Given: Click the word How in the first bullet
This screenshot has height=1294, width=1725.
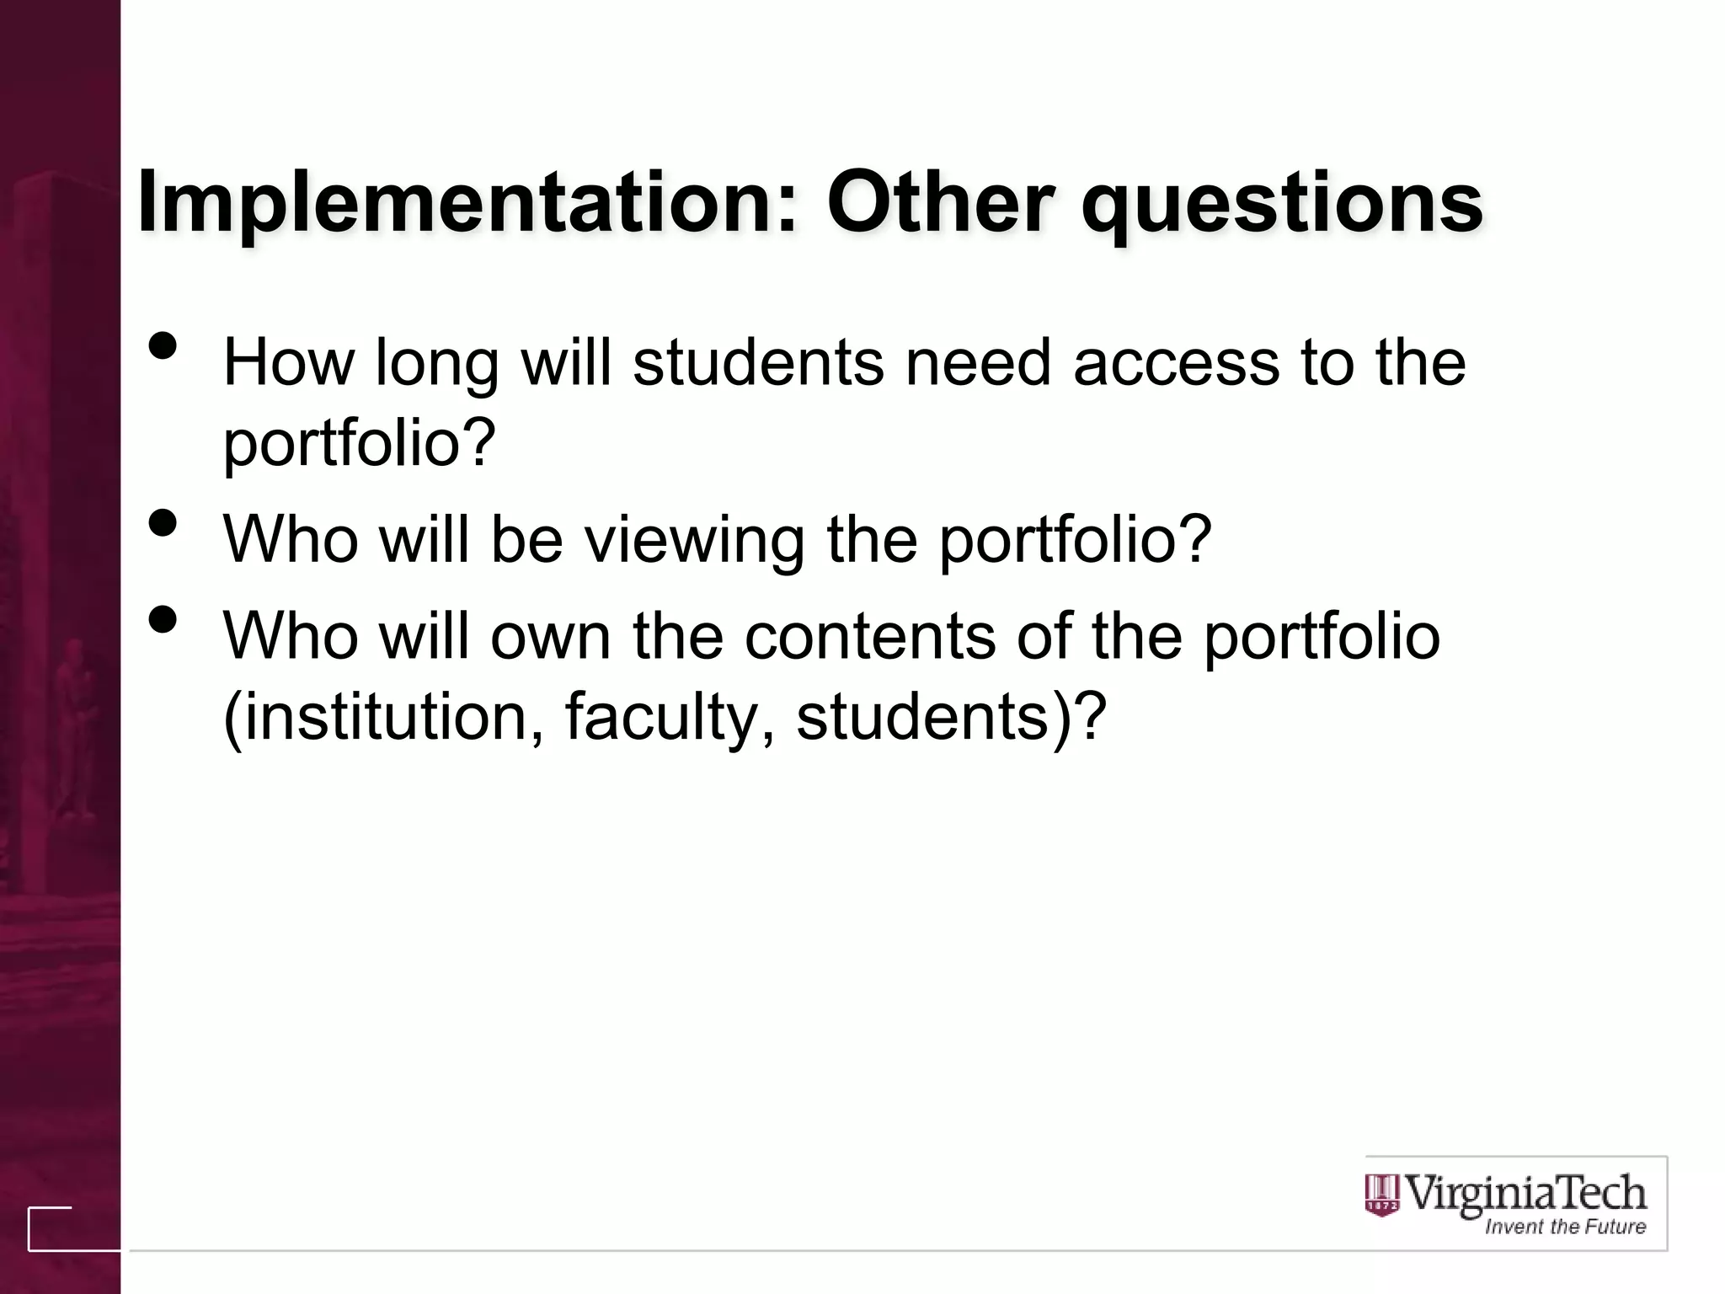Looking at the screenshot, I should click(x=288, y=362).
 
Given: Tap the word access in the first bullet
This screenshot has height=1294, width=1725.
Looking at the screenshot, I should click(x=1176, y=362).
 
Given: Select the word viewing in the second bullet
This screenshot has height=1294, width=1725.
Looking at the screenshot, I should click(x=695, y=540).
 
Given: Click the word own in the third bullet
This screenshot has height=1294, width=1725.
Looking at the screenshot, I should click(x=551, y=636).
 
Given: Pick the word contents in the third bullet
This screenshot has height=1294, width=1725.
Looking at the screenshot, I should click(x=870, y=636).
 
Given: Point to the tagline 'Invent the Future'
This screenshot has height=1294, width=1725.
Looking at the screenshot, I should click(x=1565, y=1227).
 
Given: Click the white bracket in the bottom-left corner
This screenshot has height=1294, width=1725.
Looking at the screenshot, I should click(x=49, y=1229).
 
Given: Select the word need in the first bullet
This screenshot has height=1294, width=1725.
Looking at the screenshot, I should click(x=978, y=362).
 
